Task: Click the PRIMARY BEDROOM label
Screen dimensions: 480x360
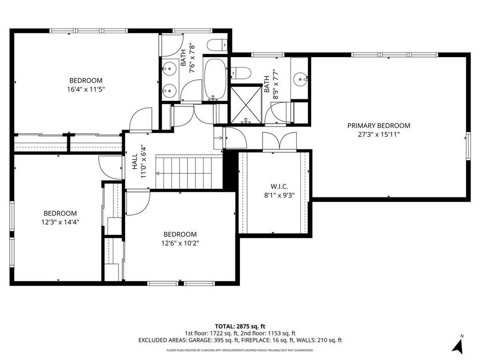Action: (379, 126)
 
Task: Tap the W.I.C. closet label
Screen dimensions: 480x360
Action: (279, 187)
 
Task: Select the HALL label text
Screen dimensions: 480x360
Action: (135, 162)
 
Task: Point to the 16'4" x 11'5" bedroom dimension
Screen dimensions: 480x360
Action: (86, 90)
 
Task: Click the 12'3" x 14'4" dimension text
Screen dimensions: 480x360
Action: (60, 222)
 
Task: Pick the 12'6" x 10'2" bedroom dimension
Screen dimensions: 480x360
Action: (180, 243)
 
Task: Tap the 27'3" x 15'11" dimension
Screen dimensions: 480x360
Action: (379, 134)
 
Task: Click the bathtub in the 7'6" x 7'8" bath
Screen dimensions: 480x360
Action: (215, 79)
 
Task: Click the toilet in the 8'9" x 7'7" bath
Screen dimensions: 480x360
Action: (240, 73)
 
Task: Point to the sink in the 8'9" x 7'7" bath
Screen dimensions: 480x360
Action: (300, 79)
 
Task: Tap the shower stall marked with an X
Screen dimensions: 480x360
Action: (246, 105)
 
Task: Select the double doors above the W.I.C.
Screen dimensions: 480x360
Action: (279, 142)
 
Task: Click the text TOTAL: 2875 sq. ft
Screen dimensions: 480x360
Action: (240, 326)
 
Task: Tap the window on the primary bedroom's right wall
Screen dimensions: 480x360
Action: (468, 146)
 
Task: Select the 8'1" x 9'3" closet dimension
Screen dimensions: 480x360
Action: (279, 195)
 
